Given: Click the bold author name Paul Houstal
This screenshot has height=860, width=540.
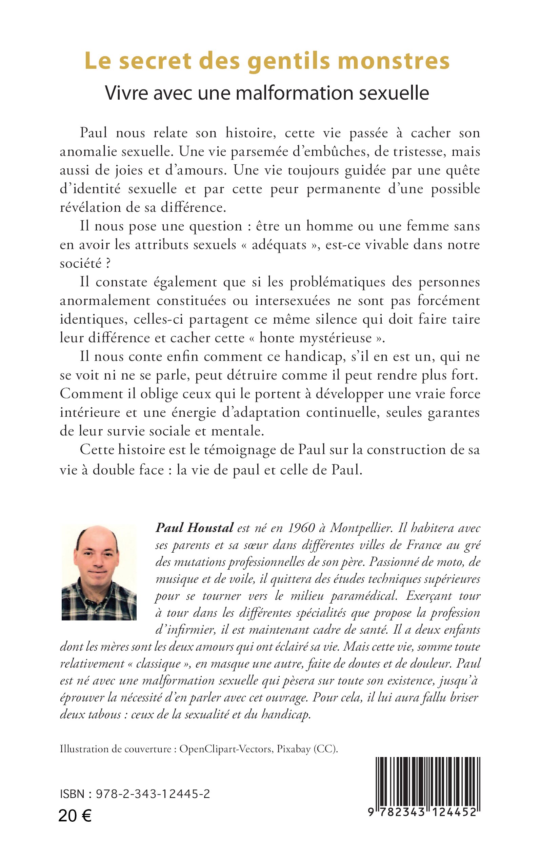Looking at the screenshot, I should tap(194, 528).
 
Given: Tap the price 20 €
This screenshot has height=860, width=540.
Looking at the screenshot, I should tap(75, 816).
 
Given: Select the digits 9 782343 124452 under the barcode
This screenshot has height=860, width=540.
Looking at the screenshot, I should tap(422, 812).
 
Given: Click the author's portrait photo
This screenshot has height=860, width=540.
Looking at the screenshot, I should tap(99, 572).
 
